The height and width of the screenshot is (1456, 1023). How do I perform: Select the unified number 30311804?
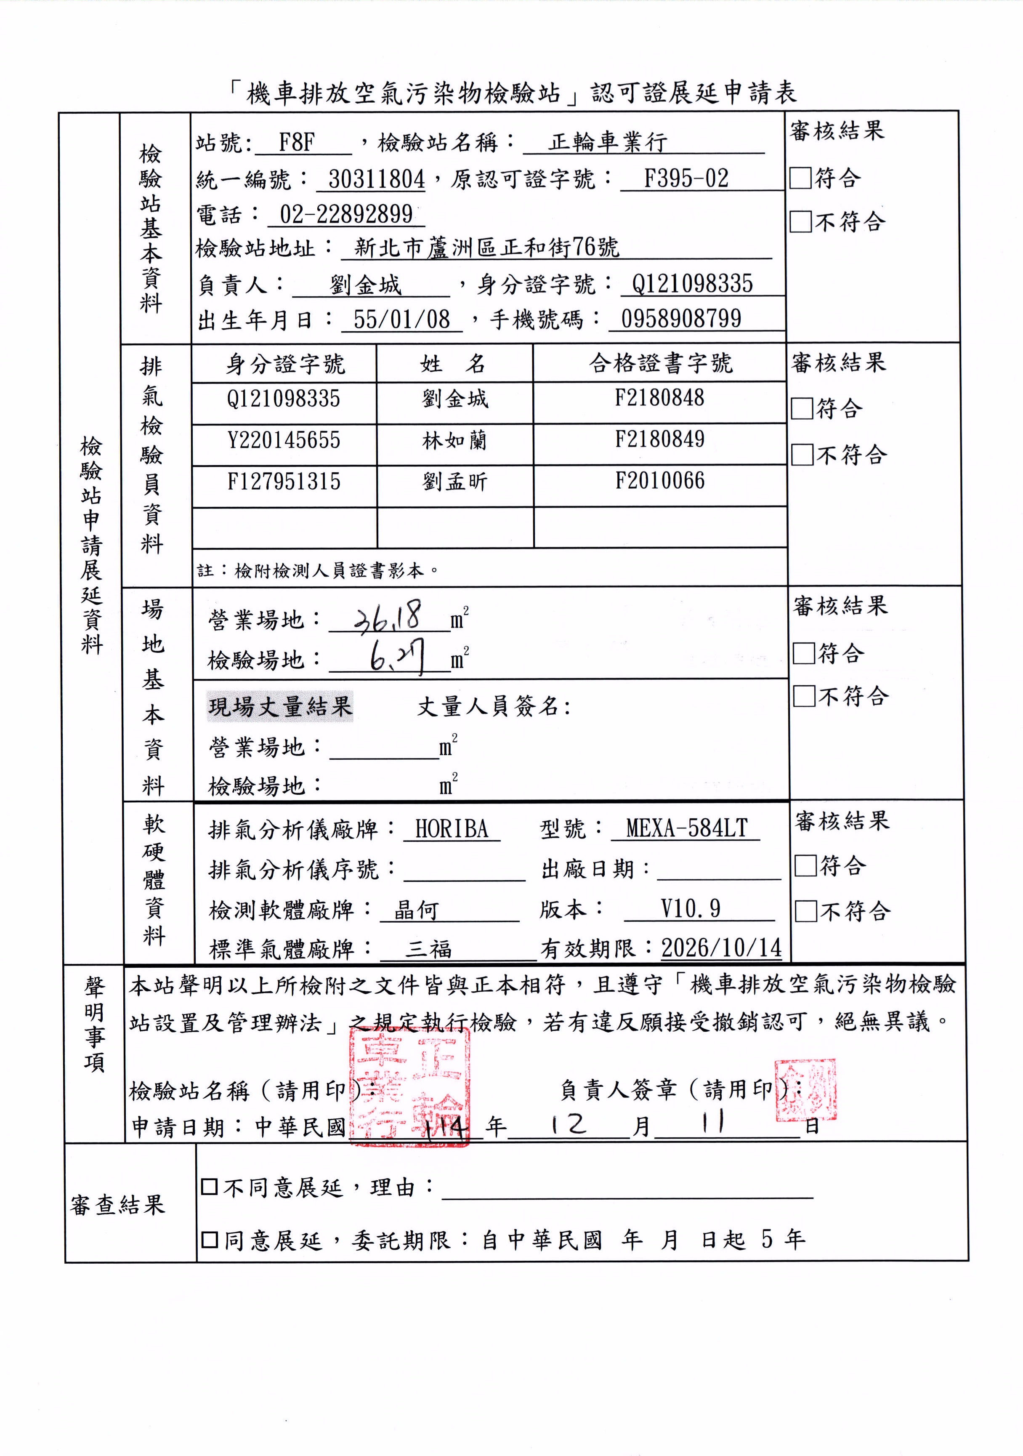pos(377,179)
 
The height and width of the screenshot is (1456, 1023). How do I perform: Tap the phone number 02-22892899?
pos(346,214)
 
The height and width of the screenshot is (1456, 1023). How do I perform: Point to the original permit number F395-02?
pos(686,179)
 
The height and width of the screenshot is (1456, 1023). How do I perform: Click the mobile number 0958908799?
pos(681,318)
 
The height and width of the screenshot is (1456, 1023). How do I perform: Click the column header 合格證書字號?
pos(660,363)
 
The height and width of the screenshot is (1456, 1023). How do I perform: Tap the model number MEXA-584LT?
pos(686,828)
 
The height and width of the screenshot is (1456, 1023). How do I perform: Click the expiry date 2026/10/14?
pos(721,948)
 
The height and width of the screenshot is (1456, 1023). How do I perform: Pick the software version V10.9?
pos(690,909)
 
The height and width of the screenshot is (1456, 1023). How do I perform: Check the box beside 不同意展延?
pos(209,1187)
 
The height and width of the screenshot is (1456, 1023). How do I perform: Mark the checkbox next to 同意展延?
pos(209,1239)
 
